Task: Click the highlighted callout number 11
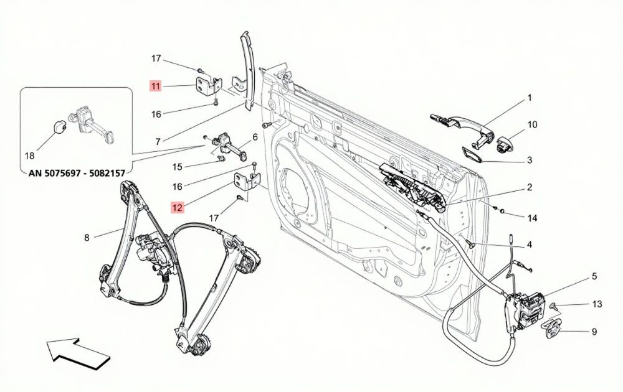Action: click(155, 86)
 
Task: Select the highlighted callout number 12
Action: click(177, 207)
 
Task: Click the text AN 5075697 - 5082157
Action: click(77, 173)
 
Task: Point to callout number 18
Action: click(30, 156)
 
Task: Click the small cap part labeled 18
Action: click(60, 127)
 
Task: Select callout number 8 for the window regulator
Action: click(87, 237)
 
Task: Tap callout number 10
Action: click(532, 124)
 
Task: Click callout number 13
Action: click(597, 304)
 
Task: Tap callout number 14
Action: click(532, 218)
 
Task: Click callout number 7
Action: click(158, 141)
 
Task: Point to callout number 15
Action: click(177, 167)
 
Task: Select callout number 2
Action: click(529, 187)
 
